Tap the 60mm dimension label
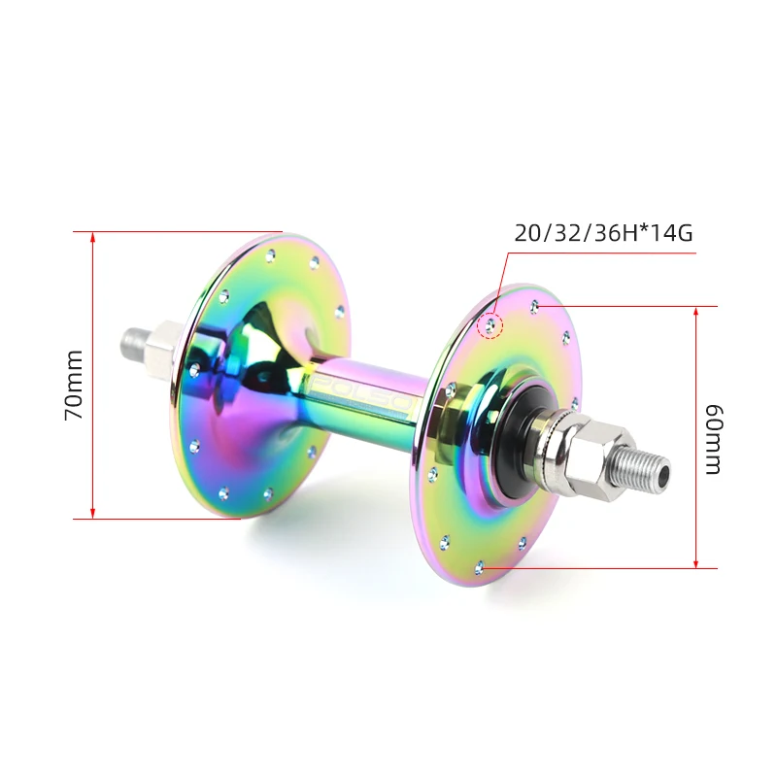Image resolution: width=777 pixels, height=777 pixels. click(712, 438)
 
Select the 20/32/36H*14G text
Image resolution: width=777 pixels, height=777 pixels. click(603, 233)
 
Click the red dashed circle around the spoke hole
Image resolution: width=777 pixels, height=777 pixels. click(492, 325)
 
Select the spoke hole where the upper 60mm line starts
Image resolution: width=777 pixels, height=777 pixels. click(534, 307)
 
